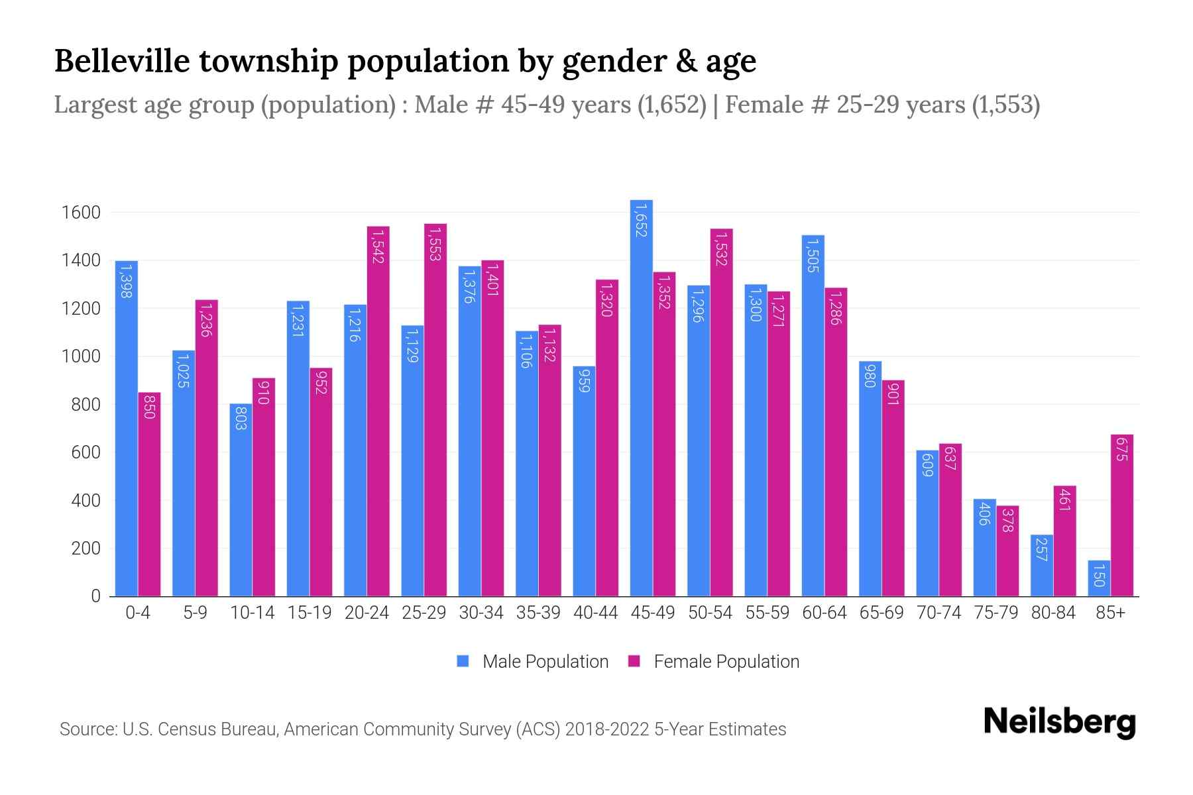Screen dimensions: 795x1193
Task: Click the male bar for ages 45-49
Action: click(641, 397)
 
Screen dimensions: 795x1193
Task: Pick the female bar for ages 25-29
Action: click(435, 410)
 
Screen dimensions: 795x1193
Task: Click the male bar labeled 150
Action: click(1099, 578)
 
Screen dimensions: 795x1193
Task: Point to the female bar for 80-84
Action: click(1064, 541)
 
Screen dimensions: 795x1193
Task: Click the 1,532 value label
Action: click(722, 248)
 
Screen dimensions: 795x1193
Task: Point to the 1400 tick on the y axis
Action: click(81, 261)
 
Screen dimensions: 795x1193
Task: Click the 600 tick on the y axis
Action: click(86, 453)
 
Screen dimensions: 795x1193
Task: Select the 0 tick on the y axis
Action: click(95, 596)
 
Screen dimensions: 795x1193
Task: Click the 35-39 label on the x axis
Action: click(538, 613)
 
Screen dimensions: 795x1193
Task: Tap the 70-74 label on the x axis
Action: click(938, 613)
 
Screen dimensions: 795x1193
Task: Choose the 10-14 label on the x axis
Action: click(252, 613)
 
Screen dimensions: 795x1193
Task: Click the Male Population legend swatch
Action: click(463, 661)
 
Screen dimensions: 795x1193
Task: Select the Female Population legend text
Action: click(726, 661)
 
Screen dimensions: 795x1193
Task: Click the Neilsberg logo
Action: click(1059, 722)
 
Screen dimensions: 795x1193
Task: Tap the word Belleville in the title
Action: click(122, 61)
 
